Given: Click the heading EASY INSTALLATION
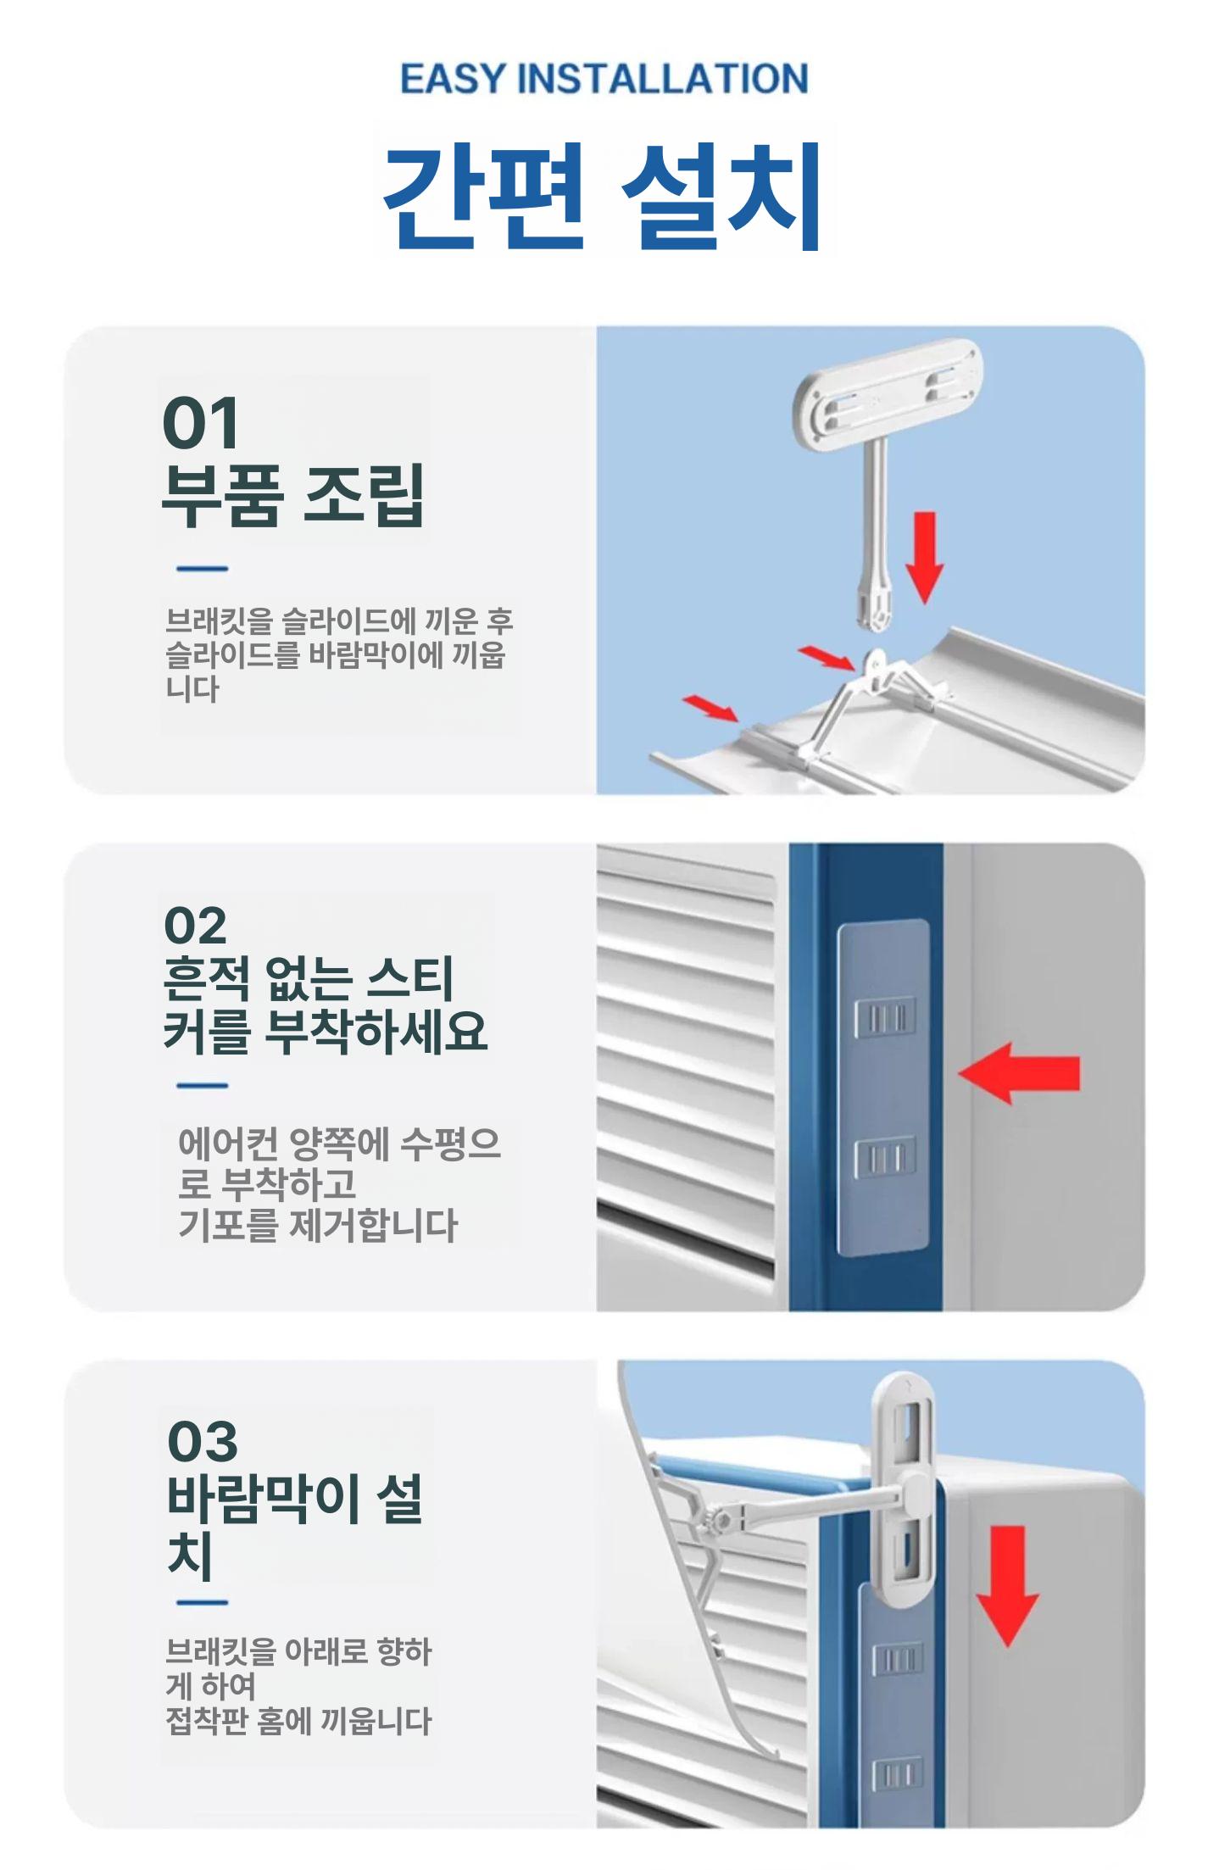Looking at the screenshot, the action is pyautogui.click(x=604, y=79).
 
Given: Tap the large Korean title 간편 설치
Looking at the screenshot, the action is pyautogui.click(x=603, y=196).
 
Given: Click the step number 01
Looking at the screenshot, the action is pyautogui.click(x=201, y=423).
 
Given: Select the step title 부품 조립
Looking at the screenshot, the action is pyautogui.click(x=293, y=496).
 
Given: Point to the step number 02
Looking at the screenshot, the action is pyautogui.click(x=196, y=925).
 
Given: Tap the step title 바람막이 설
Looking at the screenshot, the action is pyautogui.click(x=294, y=1499).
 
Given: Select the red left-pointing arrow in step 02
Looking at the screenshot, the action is pyautogui.click(x=1019, y=1073).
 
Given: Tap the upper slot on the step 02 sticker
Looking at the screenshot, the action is pyautogui.click(x=884, y=1017).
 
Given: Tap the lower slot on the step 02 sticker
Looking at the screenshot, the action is pyautogui.click(x=884, y=1159).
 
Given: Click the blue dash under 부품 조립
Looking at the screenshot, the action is pyautogui.click(x=203, y=569).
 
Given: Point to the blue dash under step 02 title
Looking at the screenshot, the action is pyautogui.click(x=203, y=1086).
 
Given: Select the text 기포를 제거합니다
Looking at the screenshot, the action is pyautogui.click(x=318, y=1226).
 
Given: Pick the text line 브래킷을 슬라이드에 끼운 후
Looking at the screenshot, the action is pyautogui.click(x=340, y=621).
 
